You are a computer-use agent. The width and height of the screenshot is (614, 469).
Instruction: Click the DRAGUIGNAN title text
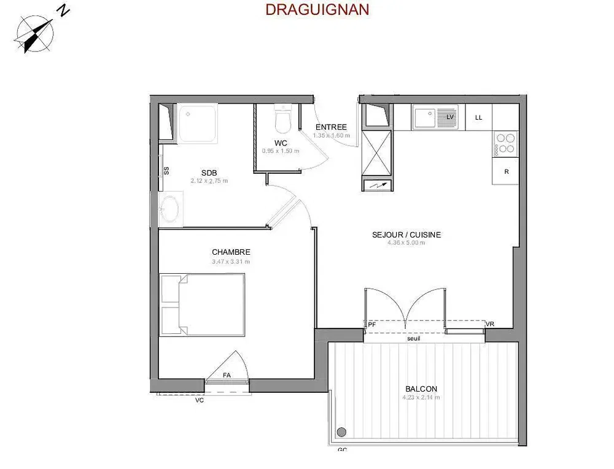(x=317, y=10)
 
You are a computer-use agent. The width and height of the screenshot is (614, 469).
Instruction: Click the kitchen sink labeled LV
(x=435, y=117)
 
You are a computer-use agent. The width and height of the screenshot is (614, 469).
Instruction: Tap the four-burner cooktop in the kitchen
(x=506, y=143)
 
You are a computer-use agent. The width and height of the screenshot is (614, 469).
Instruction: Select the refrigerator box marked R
(x=506, y=172)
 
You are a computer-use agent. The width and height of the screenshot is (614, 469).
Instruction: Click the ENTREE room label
(x=331, y=127)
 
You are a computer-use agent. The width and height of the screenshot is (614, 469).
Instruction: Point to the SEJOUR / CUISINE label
(x=406, y=234)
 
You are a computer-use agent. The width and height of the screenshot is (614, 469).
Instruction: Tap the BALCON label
(x=421, y=389)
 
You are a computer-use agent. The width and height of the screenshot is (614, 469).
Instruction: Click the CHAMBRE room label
(x=231, y=252)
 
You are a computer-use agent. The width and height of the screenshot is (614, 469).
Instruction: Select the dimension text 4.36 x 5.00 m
(x=406, y=243)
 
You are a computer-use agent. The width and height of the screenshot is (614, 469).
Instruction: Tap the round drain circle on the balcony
(x=341, y=432)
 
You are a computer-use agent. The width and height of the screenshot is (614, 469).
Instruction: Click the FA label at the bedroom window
(x=227, y=375)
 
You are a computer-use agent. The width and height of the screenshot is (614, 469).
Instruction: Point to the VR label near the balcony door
(x=489, y=324)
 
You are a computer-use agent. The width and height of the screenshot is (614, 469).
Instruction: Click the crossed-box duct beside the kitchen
(x=377, y=152)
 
